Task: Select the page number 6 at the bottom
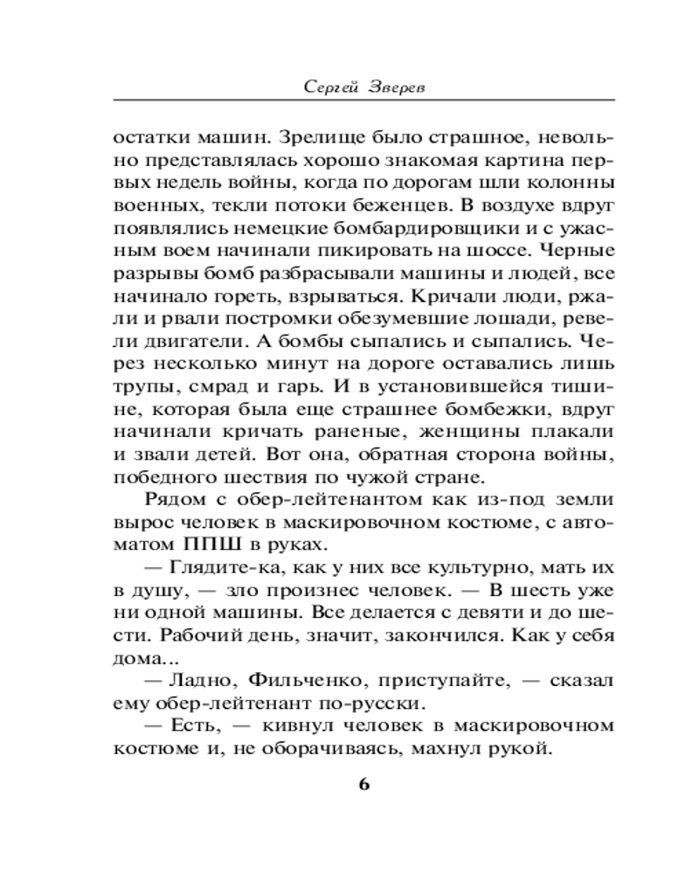click(364, 783)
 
